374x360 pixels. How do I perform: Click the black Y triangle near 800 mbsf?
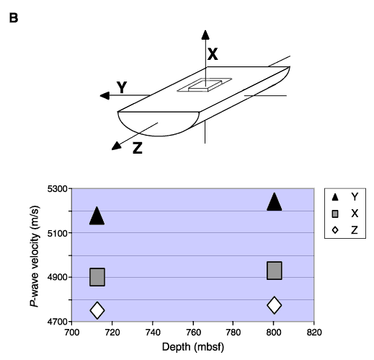(274, 202)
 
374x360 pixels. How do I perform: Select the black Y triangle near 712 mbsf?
(97, 216)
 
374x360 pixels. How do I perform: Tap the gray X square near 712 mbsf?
(97, 277)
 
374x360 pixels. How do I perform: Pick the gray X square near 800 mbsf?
(275, 271)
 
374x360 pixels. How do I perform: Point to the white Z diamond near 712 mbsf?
(97, 310)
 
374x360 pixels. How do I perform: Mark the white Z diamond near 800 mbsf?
(275, 305)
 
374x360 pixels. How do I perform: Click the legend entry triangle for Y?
(335, 197)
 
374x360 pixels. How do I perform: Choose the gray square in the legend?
(335, 214)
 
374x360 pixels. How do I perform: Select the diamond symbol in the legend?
(335, 230)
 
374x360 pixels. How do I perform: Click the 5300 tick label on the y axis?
(57, 189)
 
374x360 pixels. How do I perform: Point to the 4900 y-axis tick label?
(57, 277)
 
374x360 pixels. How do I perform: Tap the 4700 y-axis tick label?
(57, 322)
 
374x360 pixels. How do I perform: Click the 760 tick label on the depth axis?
(193, 333)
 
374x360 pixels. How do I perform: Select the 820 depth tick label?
(314, 333)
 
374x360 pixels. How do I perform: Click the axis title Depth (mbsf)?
(193, 347)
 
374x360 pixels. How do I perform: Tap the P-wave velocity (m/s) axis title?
(34, 256)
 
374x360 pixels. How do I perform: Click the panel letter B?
(14, 18)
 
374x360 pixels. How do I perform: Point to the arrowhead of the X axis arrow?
(205, 35)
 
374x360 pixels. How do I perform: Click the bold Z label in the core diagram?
(138, 148)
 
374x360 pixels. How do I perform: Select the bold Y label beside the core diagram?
(122, 87)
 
